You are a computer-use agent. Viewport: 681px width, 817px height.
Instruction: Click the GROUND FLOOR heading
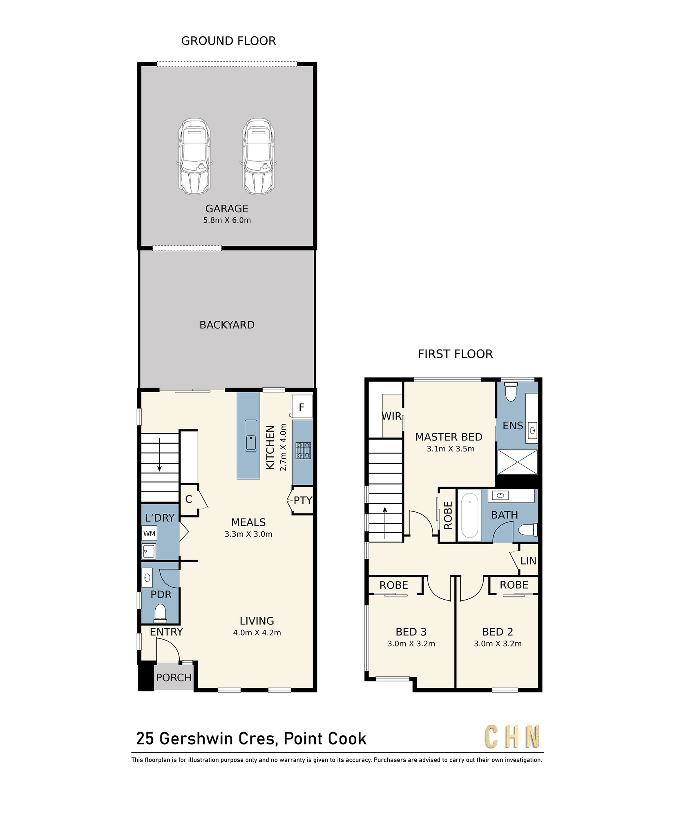click(228, 41)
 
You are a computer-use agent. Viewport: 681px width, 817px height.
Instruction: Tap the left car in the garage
click(194, 156)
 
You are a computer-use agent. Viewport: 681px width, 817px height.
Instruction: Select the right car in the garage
click(258, 156)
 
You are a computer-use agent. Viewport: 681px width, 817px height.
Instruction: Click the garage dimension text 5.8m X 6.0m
click(227, 220)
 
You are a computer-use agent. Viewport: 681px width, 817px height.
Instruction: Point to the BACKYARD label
click(227, 325)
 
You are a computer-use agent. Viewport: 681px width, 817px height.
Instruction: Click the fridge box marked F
click(301, 406)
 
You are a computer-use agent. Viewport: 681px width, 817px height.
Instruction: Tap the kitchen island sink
click(251, 435)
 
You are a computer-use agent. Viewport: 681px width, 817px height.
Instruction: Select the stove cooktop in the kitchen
click(303, 450)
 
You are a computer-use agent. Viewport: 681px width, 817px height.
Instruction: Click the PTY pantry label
click(303, 500)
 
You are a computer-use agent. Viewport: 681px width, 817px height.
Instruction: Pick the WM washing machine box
click(149, 534)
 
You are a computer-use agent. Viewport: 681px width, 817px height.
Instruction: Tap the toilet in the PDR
click(160, 614)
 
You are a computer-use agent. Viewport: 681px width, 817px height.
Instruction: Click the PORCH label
click(174, 678)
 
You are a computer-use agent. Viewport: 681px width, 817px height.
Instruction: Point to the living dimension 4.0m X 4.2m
click(257, 633)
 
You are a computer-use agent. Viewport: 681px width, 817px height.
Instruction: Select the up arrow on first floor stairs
click(385, 523)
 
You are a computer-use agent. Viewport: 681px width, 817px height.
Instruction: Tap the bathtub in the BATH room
click(469, 516)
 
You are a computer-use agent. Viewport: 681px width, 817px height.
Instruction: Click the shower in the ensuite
click(517, 462)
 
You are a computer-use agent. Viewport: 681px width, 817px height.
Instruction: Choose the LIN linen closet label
click(528, 561)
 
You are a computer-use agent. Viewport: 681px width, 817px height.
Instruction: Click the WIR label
click(392, 416)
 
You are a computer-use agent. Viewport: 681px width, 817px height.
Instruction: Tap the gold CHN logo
click(512, 737)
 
